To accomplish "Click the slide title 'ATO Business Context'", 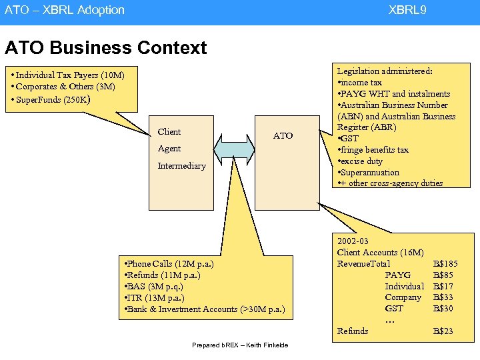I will coord(105,48).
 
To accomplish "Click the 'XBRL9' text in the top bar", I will coord(407,10).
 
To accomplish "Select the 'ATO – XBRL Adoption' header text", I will coord(65,10).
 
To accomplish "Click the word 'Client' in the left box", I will coord(169,131).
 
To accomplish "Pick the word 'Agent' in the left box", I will coord(169,149).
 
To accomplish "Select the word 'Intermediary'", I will coord(181,165).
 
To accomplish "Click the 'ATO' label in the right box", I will coord(283,135).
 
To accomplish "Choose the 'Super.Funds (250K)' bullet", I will coord(55,99).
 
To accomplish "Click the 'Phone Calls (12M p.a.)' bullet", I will coord(168,263).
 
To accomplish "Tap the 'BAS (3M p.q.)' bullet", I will coord(151,286).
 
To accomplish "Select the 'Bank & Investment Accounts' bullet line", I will coord(204,309).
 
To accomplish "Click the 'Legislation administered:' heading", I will coord(385,71).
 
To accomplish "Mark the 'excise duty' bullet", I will coord(361,161).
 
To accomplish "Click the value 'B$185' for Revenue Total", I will coord(445,263).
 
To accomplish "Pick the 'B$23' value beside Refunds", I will coord(443,331).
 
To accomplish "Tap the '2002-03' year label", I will coord(353,241).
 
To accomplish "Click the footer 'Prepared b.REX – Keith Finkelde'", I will coord(240,345).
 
